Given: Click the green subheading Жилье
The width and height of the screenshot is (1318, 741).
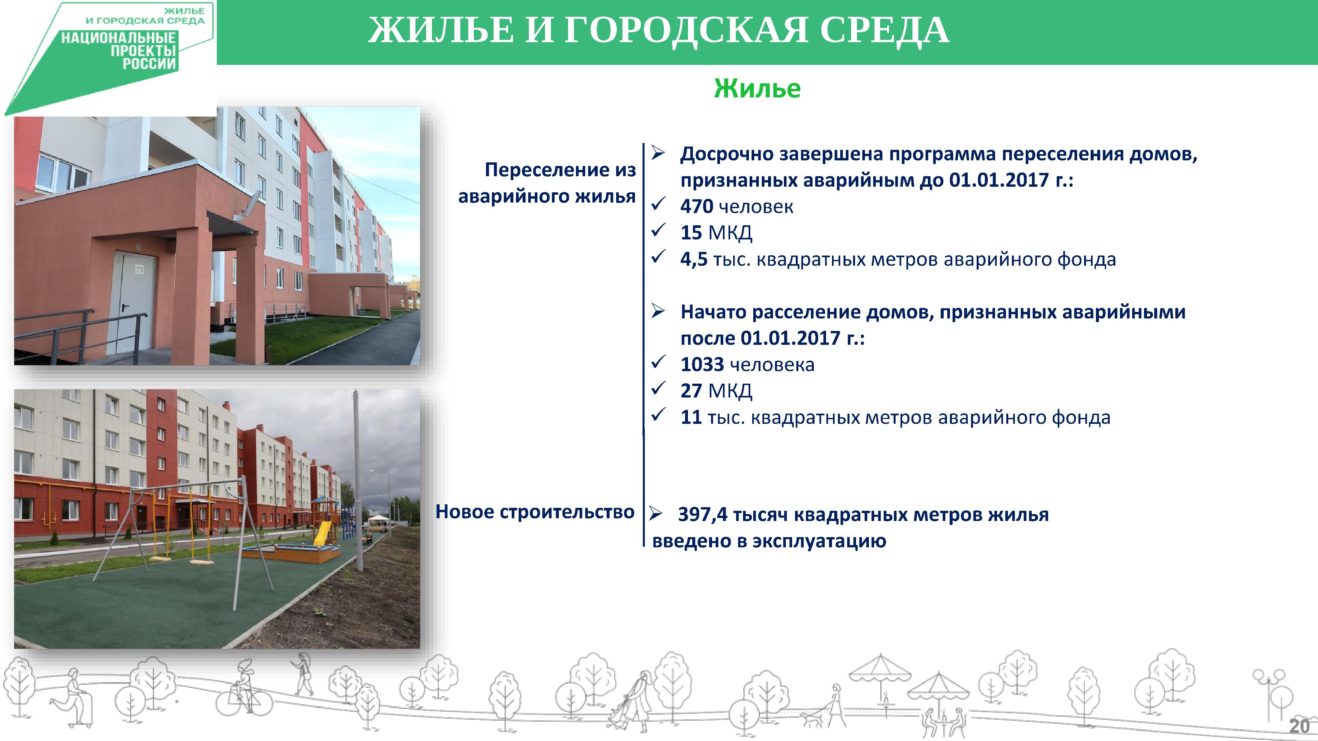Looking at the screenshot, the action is click(x=757, y=89).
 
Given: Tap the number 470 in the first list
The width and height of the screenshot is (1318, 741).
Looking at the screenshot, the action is click(x=696, y=206).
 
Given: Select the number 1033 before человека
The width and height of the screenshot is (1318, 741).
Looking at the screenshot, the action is click(x=702, y=365).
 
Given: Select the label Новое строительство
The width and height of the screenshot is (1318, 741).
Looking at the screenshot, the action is click(x=535, y=512).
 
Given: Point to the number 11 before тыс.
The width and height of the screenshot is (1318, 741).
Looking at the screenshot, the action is click(x=691, y=417).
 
